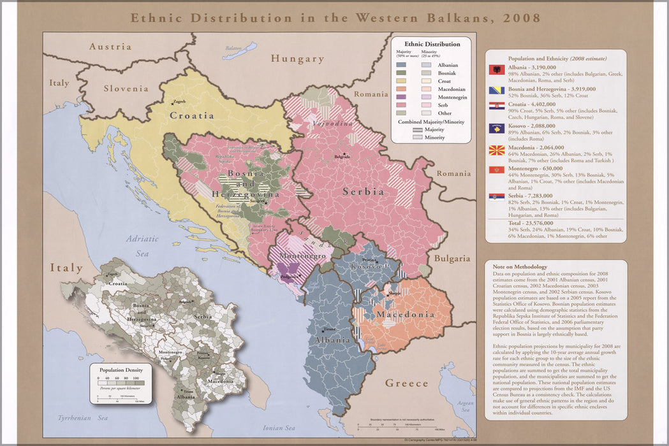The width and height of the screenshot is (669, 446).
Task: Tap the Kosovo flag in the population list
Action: coord(496,128)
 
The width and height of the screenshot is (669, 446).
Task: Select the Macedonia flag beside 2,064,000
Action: coord(496,151)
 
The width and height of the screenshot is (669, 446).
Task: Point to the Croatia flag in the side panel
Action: coord(496,106)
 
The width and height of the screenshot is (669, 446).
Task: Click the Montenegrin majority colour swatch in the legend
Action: coord(401,97)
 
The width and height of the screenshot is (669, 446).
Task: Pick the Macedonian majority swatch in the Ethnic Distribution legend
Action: coord(401,89)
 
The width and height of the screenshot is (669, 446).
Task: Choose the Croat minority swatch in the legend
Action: coord(425,82)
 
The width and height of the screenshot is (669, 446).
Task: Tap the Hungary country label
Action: coord(297,59)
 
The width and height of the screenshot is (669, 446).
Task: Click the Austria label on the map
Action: coord(110,47)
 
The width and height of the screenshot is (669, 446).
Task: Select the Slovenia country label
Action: coord(126,89)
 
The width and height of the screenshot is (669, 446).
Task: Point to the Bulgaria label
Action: coord(452,259)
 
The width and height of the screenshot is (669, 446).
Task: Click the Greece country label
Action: coord(406,383)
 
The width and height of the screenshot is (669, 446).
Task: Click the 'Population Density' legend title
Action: coord(121,370)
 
